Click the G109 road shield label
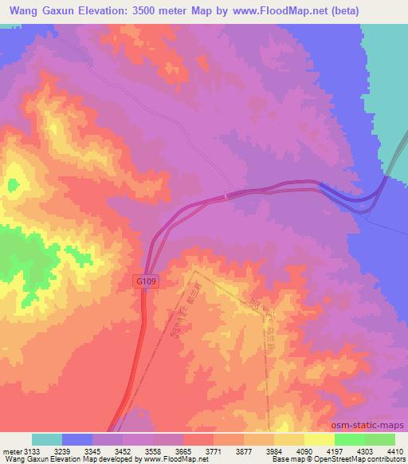point(143,281)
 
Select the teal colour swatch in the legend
point(47,439)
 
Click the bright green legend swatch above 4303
point(349,439)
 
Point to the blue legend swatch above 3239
point(77,439)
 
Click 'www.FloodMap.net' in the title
point(262,10)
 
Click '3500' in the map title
point(159,10)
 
